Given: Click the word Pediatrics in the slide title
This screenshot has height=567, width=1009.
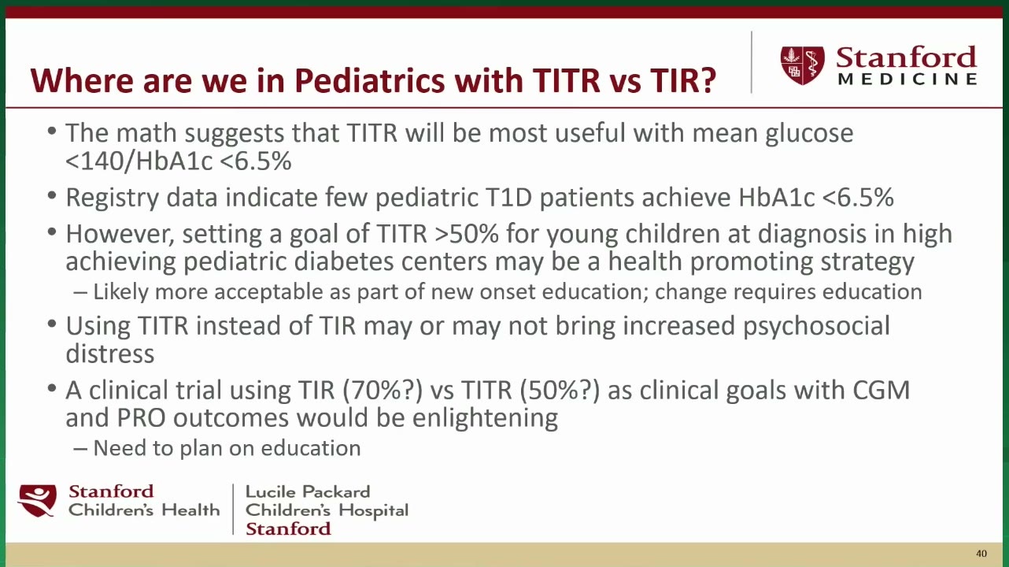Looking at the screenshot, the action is tap(370, 80).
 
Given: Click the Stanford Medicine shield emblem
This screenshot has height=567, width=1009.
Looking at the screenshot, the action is tap(803, 65).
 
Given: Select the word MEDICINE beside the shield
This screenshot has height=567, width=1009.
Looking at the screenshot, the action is tap(907, 79).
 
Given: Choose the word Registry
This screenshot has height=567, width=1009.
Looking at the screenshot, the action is tap(113, 198).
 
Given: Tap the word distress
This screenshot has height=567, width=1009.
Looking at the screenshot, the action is tap(110, 354).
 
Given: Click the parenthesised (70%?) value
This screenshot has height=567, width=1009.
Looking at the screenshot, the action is tap(383, 391).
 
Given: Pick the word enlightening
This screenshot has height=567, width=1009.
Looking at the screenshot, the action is tap(485, 419).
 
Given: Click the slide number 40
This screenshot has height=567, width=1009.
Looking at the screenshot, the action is tap(981, 554).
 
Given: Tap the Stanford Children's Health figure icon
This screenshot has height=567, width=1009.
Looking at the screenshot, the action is tap(37, 500).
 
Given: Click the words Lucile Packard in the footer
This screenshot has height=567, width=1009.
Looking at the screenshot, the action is tap(308, 491).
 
